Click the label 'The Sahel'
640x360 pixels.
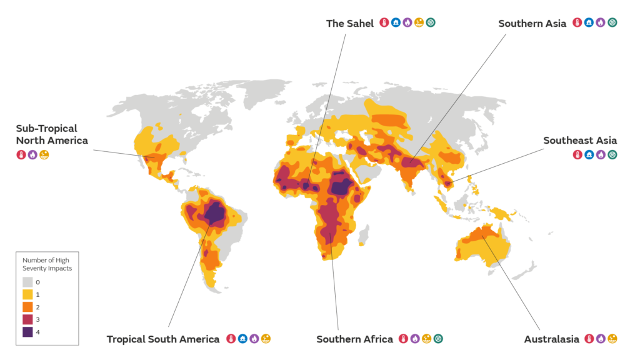coord(349,23)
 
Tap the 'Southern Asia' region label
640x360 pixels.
coord(532,23)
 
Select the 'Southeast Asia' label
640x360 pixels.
coord(580,141)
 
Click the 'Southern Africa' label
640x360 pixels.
coord(354,339)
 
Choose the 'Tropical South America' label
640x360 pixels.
coord(162,339)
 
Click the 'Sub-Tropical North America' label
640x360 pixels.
coord(51,134)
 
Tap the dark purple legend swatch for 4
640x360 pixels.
coord(28,332)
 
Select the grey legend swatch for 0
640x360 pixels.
coord(28,282)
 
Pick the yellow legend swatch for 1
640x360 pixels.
coord(28,294)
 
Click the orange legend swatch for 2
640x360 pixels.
coord(28,307)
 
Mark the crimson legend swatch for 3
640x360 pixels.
coord(28,319)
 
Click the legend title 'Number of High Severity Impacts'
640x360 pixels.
coord(47,264)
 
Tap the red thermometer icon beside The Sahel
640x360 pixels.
coord(384,22)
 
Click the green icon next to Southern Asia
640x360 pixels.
coord(612,22)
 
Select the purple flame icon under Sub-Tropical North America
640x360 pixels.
coord(32,154)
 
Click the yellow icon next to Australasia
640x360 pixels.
coord(612,339)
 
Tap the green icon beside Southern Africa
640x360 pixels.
coord(438,339)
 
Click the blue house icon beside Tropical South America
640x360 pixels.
coord(242,339)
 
